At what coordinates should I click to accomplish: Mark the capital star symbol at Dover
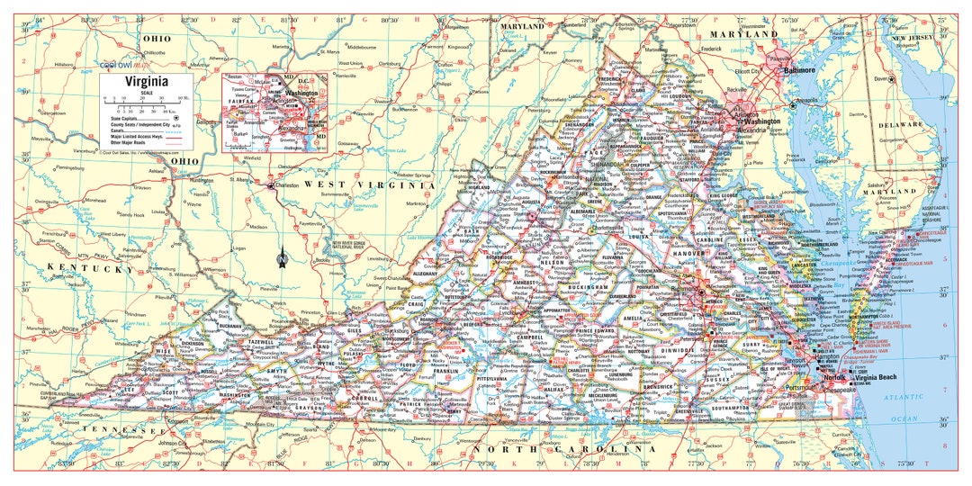[x=892, y=79]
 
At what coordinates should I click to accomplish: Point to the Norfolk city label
[x=838, y=378]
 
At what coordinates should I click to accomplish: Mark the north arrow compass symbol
[x=282, y=258]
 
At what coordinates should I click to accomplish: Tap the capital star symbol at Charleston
[x=271, y=185]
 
